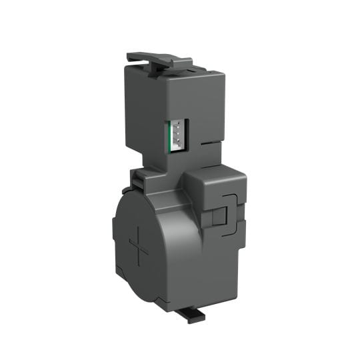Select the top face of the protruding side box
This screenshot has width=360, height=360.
pyautogui.click(x=212, y=171)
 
